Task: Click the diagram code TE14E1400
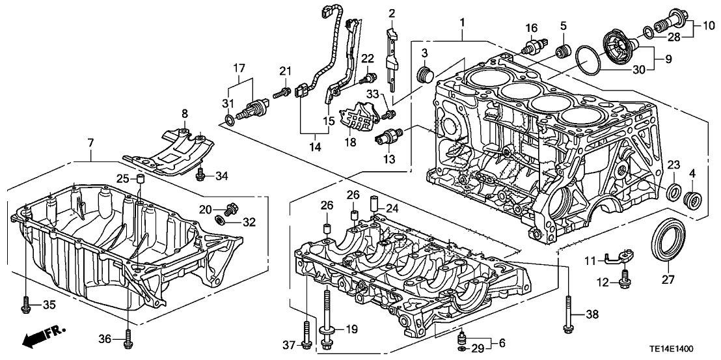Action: (x=685, y=349)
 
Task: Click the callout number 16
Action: (x=532, y=27)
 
